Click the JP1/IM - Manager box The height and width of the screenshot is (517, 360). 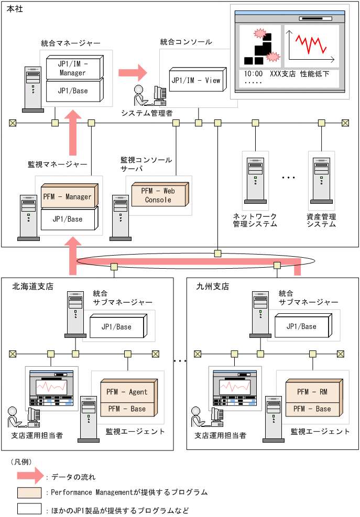coord(73,68)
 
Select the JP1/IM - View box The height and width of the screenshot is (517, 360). coord(196,81)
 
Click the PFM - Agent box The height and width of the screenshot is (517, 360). coord(127,392)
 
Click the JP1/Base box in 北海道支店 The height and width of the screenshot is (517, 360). coord(117,327)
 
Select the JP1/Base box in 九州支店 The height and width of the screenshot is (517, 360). coord(302,326)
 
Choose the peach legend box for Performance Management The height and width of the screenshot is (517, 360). coord(29,492)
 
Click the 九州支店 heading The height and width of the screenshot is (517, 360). coord(213,287)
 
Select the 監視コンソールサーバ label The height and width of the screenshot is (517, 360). coord(146,164)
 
